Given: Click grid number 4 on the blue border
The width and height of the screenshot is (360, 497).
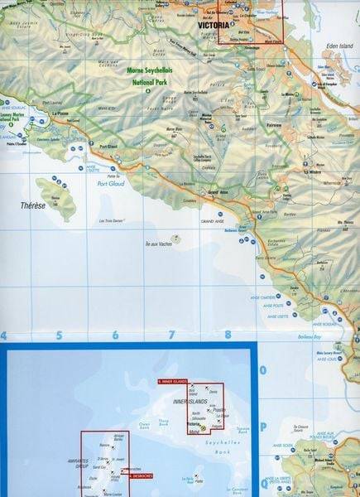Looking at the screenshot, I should pos(4,335).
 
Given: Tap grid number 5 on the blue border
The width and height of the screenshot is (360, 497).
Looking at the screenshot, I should pos(59,335).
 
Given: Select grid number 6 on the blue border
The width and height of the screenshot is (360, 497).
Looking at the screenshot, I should pos(115,335).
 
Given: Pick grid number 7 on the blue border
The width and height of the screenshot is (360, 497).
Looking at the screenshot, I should pos(171,335).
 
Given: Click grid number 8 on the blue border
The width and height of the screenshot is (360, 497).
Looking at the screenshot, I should pos(227,335).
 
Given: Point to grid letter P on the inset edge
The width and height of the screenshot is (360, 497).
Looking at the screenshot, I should pos(262,427).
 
